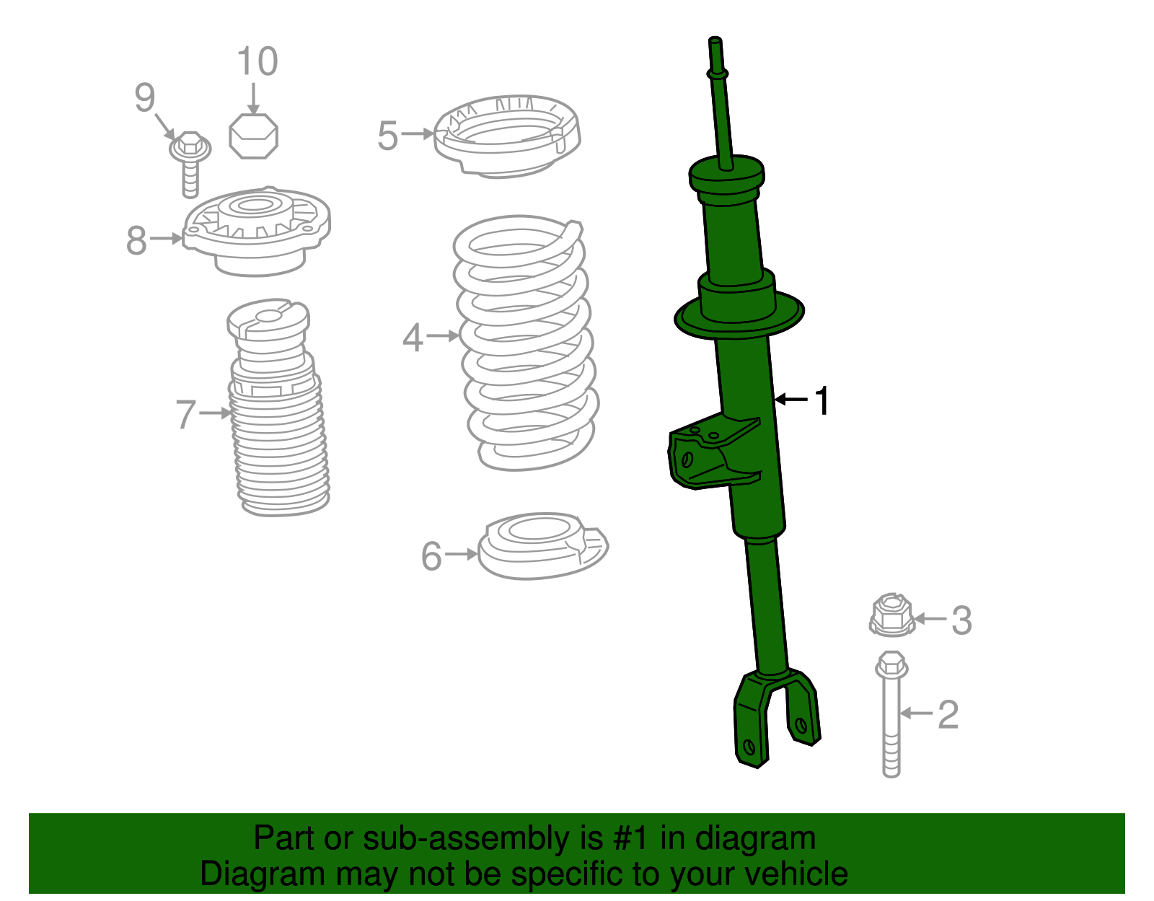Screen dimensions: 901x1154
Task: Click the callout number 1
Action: click(822, 400)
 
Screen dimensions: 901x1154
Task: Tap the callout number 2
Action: click(948, 714)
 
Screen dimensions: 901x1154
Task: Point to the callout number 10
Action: click(257, 61)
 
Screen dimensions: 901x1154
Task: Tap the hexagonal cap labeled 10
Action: click(253, 136)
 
